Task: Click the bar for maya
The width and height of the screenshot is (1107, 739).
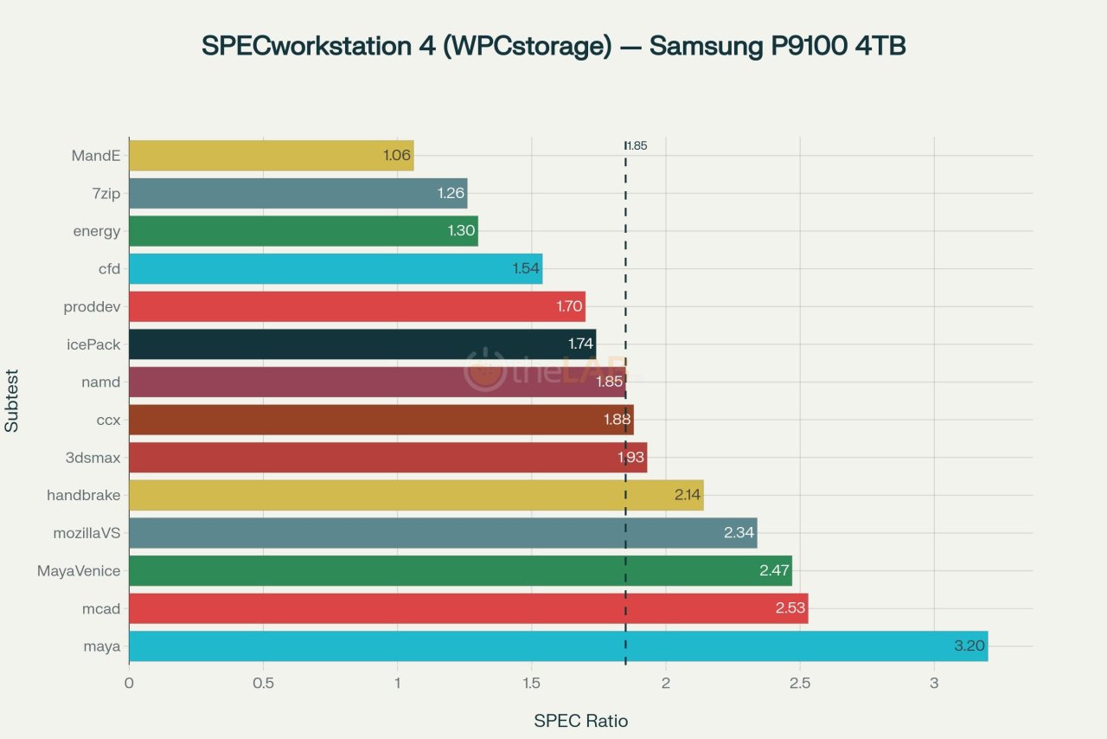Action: [x=558, y=646]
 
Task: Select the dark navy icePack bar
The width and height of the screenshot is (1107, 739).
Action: [x=362, y=344]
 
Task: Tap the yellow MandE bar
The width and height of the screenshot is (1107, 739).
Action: [x=271, y=156]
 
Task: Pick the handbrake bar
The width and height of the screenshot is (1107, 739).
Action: [x=415, y=496]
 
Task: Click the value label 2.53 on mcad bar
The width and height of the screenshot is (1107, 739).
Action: [x=790, y=608]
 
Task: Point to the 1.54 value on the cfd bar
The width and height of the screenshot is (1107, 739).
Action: [x=526, y=269]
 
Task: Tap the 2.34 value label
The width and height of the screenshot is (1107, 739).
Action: [x=739, y=533]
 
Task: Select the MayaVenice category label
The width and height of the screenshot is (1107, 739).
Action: [x=79, y=571]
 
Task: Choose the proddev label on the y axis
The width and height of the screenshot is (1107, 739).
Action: [x=92, y=307]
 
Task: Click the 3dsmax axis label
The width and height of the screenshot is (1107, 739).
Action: [x=93, y=458]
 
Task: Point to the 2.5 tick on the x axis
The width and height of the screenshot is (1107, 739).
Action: [x=800, y=683]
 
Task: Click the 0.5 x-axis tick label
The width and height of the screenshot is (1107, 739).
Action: [x=263, y=683]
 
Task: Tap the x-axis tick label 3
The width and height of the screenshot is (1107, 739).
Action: [x=934, y=683]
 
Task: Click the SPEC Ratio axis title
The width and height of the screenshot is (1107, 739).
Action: [x=580, y=721]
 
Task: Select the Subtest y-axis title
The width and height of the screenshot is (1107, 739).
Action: [x=12, y=401]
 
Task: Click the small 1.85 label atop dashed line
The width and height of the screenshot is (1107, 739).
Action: [x=637, y=146]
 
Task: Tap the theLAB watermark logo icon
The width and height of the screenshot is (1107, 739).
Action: [x=485, y=369]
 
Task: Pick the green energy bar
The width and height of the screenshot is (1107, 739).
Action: [x=303, y=231]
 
